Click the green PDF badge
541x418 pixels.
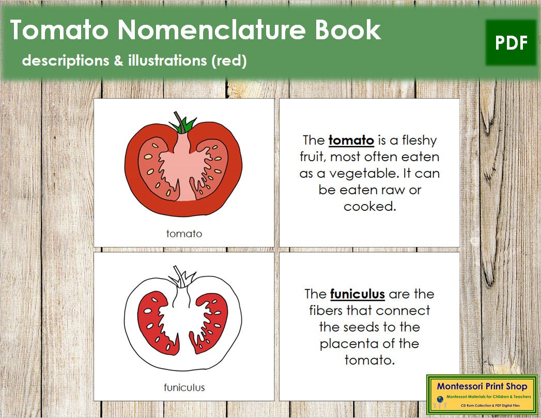[511, 43]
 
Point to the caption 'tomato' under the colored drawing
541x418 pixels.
[184, 234]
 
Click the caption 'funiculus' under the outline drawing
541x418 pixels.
[184, 387]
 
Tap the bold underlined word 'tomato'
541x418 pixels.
[351, 140]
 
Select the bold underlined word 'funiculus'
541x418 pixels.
[357, 294]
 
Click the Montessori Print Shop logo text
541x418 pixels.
[482, 386]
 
